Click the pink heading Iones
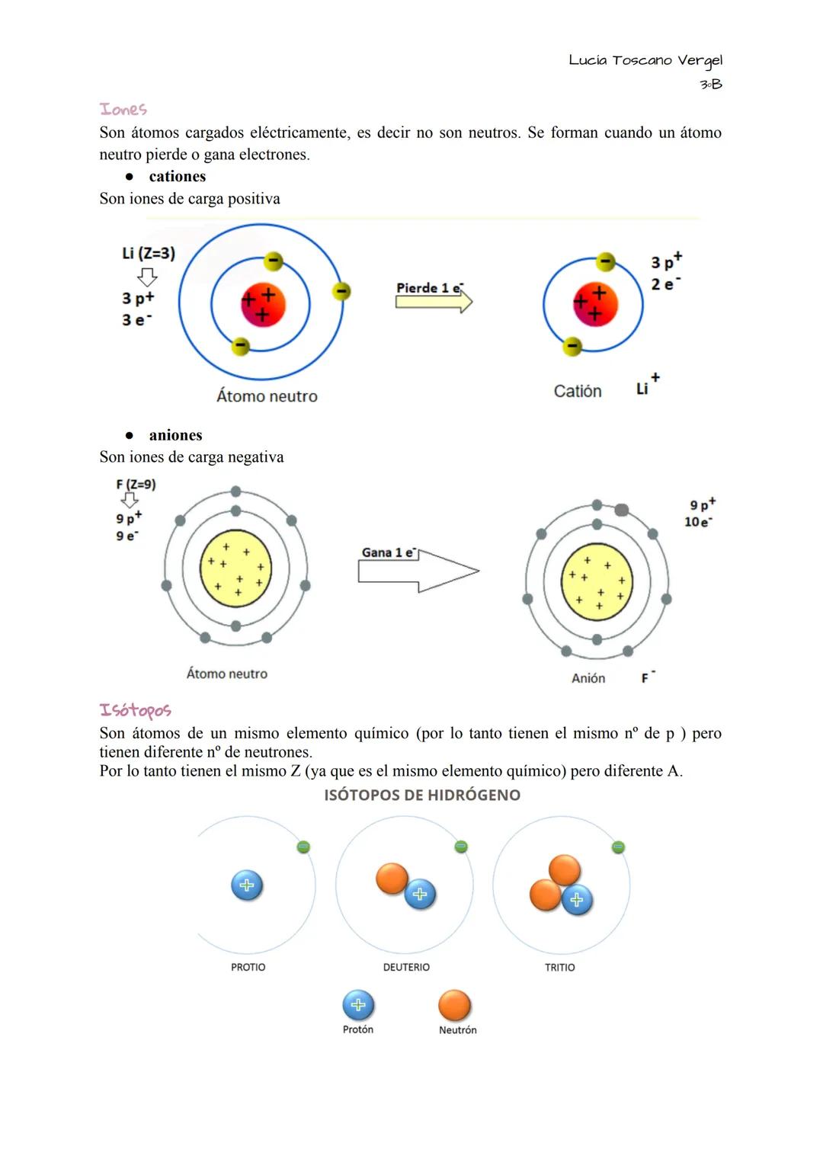tap(123, 110)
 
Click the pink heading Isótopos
tap(135, 710)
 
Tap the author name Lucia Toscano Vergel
tap(645, 60)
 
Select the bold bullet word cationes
tap(177, 177)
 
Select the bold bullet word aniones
tap(175, 435)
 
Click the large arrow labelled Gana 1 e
tap(418, 571)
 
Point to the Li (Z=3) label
tap(149, 253)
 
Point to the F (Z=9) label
tap(136, 484)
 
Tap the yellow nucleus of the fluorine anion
tap(597, 581)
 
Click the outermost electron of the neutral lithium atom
tap(342, 291)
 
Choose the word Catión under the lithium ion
tap(578, 391)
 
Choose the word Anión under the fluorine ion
tap(588, 678)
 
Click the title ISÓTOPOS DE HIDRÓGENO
tap(422, 795)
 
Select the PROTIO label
tap(248, 967)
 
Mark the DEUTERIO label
tap(406, 967)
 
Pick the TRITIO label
tap(560, 967)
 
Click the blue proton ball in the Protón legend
tap(358, 1005)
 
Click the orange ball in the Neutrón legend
tap(455, 1006)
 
